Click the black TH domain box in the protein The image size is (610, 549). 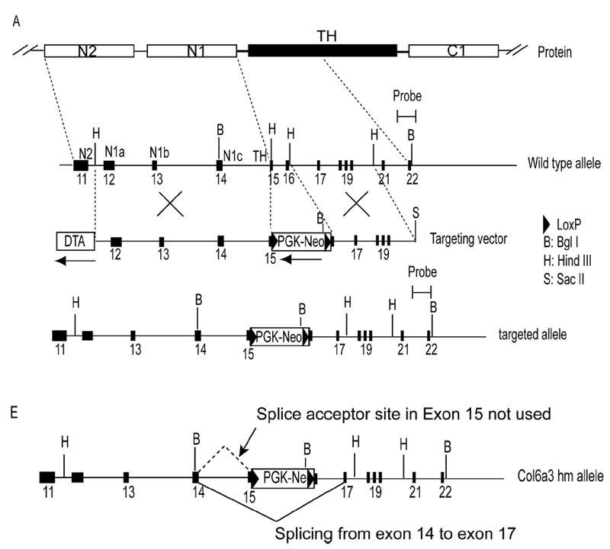[x=323, y=51]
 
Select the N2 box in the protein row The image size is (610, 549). [x=89, y=51]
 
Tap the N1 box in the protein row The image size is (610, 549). [x=191, y=51]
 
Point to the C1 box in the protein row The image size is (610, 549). [x=453, y=51]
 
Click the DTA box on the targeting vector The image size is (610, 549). [x=75, y=241]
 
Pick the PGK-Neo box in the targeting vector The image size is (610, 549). [x=302, y=241]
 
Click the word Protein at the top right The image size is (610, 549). [x=554, y=52]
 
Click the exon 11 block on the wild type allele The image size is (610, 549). [x=80, y=165]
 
